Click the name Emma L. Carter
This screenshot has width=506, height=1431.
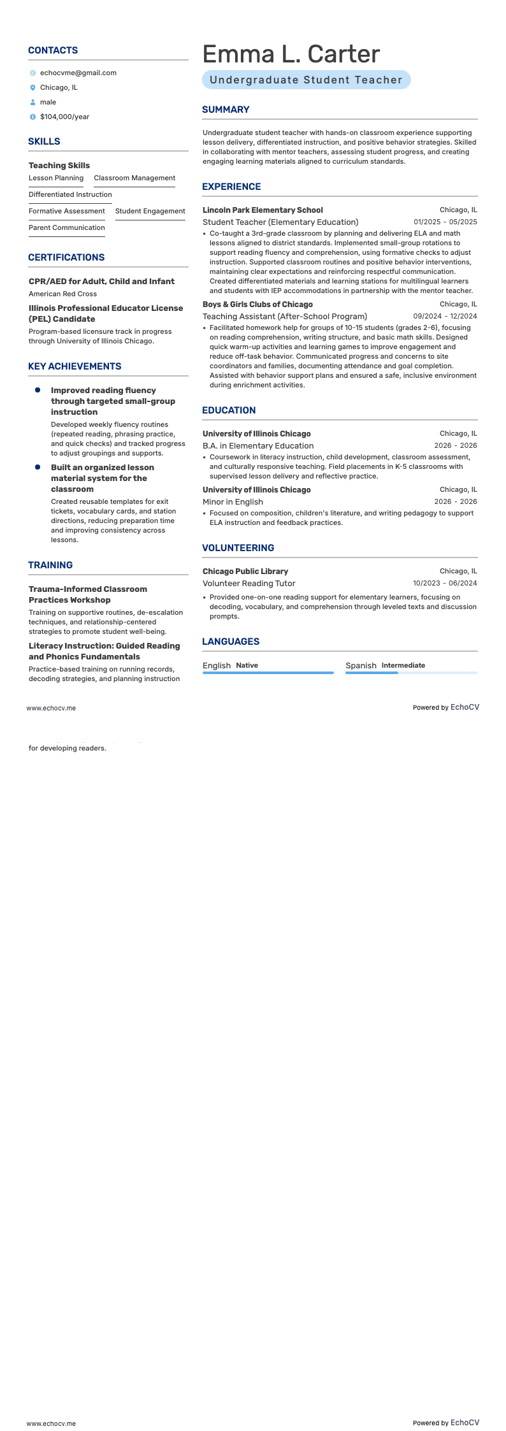(291, 54)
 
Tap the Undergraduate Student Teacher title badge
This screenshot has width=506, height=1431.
(306, 80)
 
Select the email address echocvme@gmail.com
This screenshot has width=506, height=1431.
(78, 73)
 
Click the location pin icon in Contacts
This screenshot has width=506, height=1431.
(33, 88)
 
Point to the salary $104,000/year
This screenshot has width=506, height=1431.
(64, 117)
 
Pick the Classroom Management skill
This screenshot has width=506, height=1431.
(134, 178)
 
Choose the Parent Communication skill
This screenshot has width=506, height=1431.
(66, 227)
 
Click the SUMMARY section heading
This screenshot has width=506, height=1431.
(226, 110)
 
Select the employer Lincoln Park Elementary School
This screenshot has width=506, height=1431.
(263, 210)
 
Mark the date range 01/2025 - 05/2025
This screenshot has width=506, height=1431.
(445, 222)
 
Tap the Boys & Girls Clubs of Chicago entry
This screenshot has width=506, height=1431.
(257, 304)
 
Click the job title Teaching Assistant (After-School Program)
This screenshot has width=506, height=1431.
(284, 316)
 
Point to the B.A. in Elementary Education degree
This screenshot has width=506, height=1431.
(258, 445)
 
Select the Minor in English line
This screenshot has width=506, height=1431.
(233, 501)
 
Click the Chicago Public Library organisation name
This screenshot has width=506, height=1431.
(245, 571)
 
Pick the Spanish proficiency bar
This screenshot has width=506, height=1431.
(411, 673)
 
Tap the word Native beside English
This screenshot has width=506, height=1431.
(247, 665)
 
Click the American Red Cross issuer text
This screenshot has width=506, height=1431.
(62, 294)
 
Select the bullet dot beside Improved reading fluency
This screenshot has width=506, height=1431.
(38, 390)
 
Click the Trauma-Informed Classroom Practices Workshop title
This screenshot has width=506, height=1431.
(87, 594)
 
